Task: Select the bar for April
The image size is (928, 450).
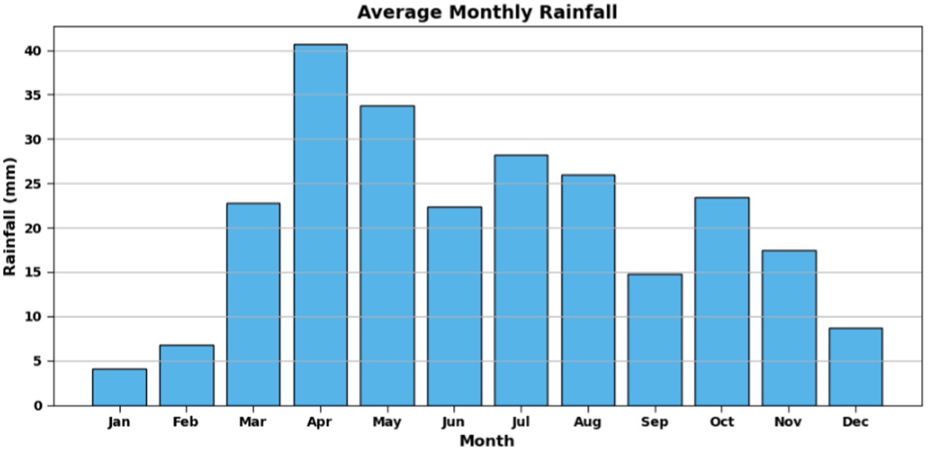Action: [320, 225]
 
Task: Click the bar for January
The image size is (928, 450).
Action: [120, 387]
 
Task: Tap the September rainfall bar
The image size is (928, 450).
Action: [655, 340]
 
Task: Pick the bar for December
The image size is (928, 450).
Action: [856, 367]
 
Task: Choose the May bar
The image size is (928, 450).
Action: [387, 256]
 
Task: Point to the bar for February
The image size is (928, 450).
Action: [186, 375]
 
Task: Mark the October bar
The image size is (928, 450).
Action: [722, 301]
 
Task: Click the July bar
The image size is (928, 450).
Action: [521, 280]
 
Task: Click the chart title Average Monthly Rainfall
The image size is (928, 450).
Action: [487, 12]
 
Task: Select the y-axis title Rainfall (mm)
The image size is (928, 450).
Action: [10, 216]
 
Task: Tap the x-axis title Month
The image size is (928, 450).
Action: [487, 441]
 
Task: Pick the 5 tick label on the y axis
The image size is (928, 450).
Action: [37, 361]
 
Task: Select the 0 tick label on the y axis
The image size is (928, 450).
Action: [38, 406]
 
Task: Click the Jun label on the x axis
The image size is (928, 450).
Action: [453, 422]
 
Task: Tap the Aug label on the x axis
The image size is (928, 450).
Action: [587, 422]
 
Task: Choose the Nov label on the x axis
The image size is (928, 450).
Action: [788, 422]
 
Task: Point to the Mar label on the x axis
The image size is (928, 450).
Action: [252, 422]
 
